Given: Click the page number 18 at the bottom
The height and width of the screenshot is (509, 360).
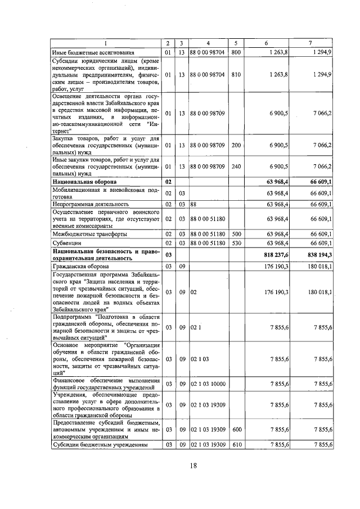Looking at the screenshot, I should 192,465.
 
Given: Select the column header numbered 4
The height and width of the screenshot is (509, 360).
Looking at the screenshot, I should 208,43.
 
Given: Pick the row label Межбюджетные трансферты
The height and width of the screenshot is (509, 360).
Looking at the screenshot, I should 85,233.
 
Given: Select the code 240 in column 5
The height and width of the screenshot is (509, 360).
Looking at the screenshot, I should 236,166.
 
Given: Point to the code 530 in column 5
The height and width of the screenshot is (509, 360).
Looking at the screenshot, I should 236,242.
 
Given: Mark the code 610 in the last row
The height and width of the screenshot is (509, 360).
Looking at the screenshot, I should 236,445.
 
